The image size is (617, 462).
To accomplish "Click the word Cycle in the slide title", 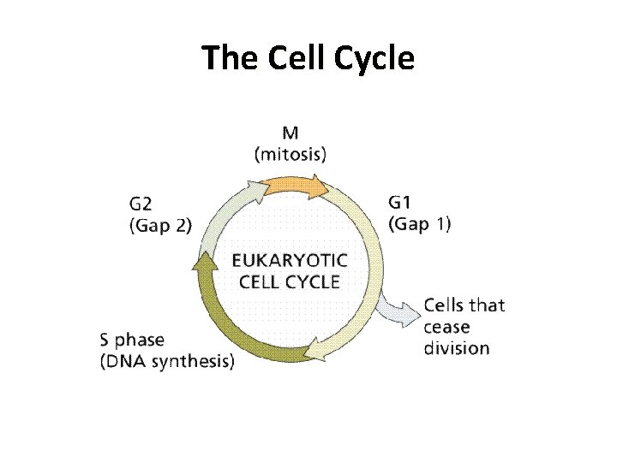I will [x=374, y=58].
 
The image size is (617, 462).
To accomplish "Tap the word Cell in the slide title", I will [x=297, y=58].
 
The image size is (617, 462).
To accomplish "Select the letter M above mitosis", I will [x=291, y=134].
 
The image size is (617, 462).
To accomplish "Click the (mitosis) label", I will [x=291, y=155].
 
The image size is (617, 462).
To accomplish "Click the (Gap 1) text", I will [x=421, y=225].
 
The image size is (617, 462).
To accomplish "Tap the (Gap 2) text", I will [x=161, y=226].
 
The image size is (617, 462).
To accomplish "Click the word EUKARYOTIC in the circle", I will [x=290, y=260].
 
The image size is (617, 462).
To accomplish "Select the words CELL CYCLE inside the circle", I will [x=290, y=281].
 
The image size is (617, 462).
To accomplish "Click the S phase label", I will [x=134, y=340].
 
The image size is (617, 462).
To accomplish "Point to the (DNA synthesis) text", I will [x=167, y=361].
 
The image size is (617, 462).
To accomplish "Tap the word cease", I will [x=447, y=327].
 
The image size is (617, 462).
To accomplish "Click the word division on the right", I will [x=458, y=348].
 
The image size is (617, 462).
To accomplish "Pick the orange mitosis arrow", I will [x=296, y=185].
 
